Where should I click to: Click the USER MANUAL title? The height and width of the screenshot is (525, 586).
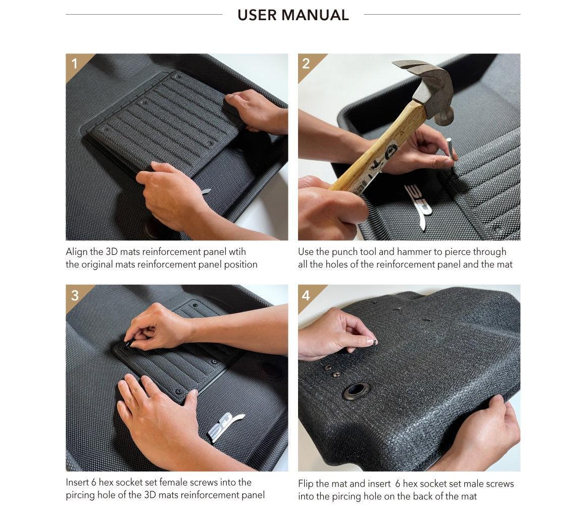click(293, 15)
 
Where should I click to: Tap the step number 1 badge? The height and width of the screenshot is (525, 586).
click(75, 64)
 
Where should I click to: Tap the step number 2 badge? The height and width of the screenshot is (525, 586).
click(306, 64)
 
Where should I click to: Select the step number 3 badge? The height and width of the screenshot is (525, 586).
click(75, 295)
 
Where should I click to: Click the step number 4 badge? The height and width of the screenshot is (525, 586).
click(306, 295)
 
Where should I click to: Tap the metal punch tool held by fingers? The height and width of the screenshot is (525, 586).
click(449, 150)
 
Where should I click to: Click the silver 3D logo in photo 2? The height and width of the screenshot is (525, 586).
click(419, 204)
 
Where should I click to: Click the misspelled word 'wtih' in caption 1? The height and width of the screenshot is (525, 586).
click(236, 251)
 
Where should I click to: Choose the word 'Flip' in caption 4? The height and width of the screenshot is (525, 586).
click(307, 484)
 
